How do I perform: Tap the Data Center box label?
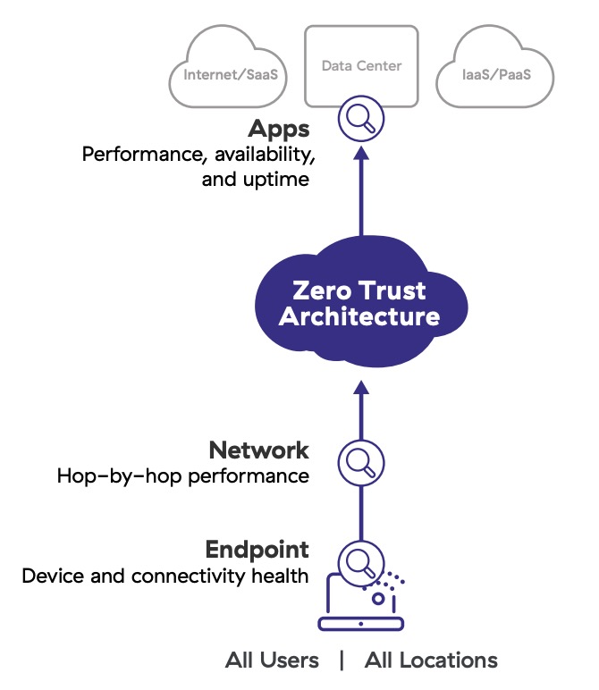click(x=361, y=65)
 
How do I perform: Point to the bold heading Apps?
click(x=279, y=129)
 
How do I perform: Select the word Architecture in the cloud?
click(x=359, y=316)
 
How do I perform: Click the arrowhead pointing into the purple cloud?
click(x=360, y=390)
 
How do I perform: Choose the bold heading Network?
click(x=258, y=450)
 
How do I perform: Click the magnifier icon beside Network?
click(x=360, y=462)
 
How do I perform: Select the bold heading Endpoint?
click(x=257, y=550)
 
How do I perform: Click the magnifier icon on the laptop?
click(x=360, y=562)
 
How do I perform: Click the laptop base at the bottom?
click(x=360, y=622)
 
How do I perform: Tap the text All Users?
click(x=272, y=661)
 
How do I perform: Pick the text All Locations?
click(x=431, y=661)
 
